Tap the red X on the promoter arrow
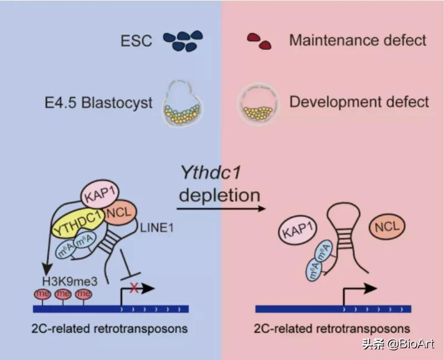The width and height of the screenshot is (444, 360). (133, 288)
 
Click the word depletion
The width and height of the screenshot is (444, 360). (219, 195)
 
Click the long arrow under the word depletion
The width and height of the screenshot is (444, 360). (220, 209)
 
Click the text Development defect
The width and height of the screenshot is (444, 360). (359, 102)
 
